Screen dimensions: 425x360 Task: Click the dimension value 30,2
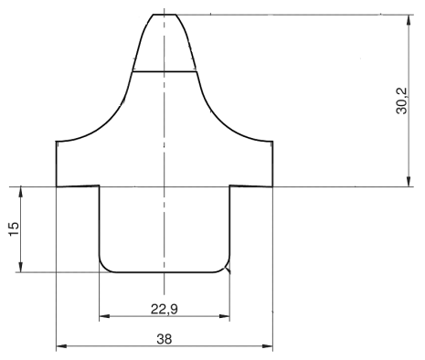click(401, 101)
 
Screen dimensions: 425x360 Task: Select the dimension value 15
click(14, 228)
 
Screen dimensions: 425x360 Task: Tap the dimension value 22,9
click(165, 309)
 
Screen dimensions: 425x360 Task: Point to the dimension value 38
click(165, 339)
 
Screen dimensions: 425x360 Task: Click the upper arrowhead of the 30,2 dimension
click(409, 19)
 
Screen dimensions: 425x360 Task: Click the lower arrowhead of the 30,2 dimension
click(409, 181)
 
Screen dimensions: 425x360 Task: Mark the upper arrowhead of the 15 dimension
click(21, 192)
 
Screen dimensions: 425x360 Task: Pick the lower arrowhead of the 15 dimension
click(21, 267)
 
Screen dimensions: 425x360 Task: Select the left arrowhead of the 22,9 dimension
click(104, 316)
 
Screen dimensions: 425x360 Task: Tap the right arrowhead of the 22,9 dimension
click(224, 316)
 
